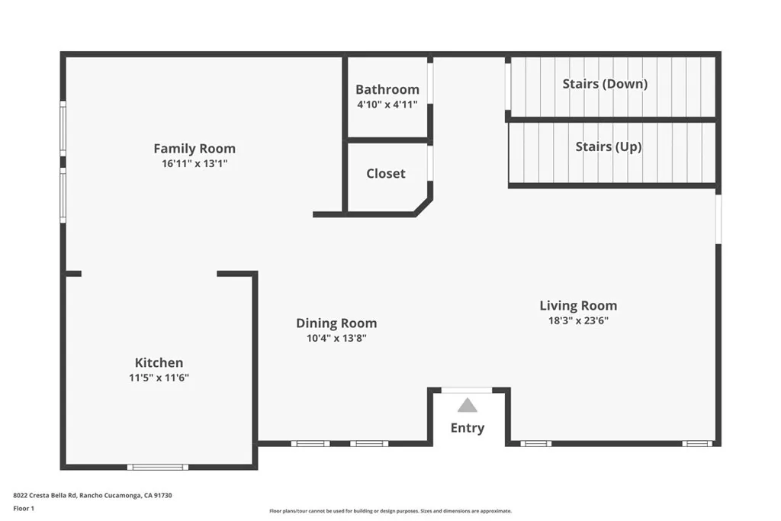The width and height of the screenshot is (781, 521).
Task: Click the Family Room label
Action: (194, 149)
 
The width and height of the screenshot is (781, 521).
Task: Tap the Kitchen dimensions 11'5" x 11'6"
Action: (159, 377)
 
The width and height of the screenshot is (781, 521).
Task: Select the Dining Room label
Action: (336, 323)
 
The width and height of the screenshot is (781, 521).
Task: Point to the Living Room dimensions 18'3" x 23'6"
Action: (578, 320)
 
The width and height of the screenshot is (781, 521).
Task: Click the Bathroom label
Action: (387, 89)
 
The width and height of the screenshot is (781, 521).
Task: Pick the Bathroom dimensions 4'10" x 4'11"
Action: (387, 105)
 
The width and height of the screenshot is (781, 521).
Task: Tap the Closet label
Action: (386, 173)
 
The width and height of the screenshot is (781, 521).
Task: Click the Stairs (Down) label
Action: (605, 83)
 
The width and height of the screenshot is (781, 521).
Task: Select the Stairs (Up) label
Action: (608, 146)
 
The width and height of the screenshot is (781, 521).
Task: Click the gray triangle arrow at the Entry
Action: (468, 406)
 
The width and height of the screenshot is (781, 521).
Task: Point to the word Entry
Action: (468, 428)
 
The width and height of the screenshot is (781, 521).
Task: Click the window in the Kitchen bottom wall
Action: (157, 467)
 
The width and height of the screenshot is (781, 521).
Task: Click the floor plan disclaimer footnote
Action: (390, 511)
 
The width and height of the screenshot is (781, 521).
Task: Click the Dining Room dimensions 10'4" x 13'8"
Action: (336, 338)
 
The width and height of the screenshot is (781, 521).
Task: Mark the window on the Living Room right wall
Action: (718, 219)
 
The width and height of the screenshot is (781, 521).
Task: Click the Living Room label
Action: (578, 306)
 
